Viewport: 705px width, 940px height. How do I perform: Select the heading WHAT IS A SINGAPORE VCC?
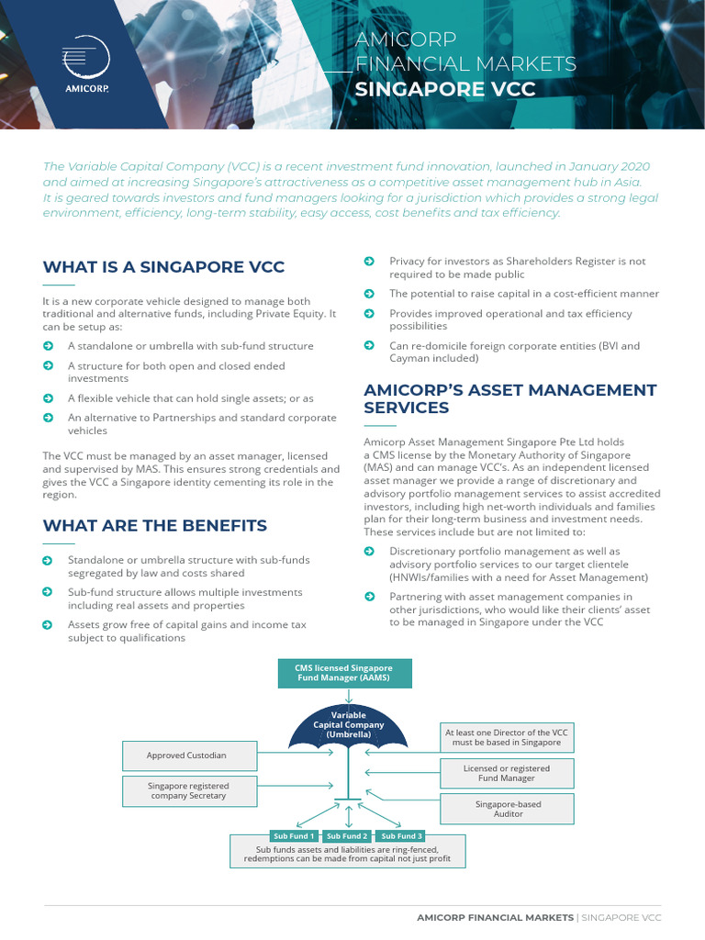163,267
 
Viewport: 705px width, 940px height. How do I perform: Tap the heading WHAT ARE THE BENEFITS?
155,525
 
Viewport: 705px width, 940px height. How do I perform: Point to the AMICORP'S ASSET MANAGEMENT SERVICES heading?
510,398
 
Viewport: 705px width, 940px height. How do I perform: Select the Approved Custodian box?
186,755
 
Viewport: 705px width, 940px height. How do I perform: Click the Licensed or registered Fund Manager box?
507,773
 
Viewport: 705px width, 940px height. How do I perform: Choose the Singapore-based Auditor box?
508,809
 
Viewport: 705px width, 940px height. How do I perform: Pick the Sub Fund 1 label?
294,836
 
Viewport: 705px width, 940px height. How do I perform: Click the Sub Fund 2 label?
347,836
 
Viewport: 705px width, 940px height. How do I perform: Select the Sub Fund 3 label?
402,836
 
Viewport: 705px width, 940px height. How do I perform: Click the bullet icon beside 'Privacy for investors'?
369,262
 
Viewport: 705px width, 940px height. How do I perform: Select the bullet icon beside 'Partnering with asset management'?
369,597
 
